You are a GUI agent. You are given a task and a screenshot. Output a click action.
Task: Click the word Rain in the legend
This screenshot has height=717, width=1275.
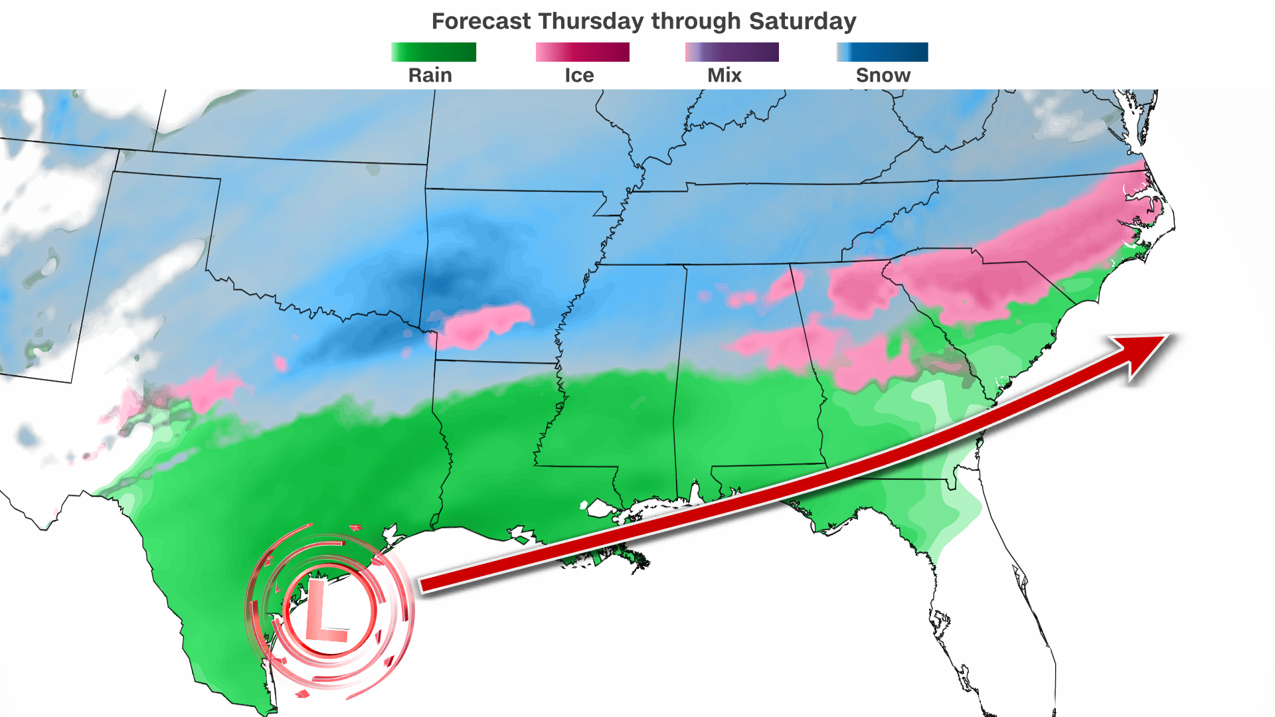pyautogui.click(x=430, y=75)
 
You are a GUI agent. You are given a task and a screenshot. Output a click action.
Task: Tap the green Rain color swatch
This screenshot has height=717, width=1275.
pyautogui.click(x=434, y=52)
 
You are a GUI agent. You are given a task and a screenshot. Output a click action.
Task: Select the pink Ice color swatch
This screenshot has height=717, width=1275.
pyautogui.click(x=582, y=52)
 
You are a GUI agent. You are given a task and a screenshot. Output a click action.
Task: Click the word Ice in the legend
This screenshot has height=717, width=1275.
pyautogui.click(x=579, y=75)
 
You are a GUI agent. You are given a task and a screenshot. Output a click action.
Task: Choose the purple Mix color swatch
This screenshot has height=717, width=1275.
pyautogui.click(x=732, y=52)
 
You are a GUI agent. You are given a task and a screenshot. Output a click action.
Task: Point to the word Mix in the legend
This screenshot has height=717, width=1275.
pyautogui.click(x=724, y=75)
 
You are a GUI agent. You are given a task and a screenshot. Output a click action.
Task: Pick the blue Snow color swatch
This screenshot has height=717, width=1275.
pyautogui.click(x=883, y=52)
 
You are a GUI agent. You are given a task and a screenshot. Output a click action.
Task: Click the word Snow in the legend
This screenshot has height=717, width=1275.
pyautogui.click(x=883, y=75)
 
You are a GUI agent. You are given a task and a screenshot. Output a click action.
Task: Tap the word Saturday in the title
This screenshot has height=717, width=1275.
pyautogui.click(x=802, y=21)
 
